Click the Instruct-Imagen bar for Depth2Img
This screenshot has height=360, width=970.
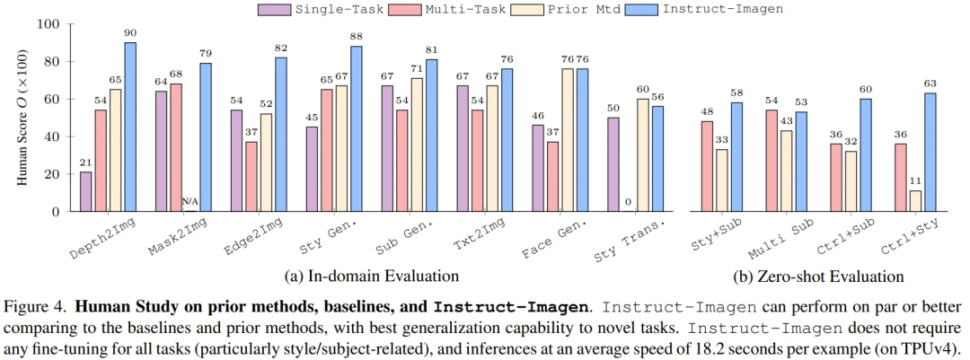(130, 127)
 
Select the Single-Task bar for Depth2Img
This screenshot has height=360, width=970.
(86, 191)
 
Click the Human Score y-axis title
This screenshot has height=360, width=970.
(21, 117)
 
